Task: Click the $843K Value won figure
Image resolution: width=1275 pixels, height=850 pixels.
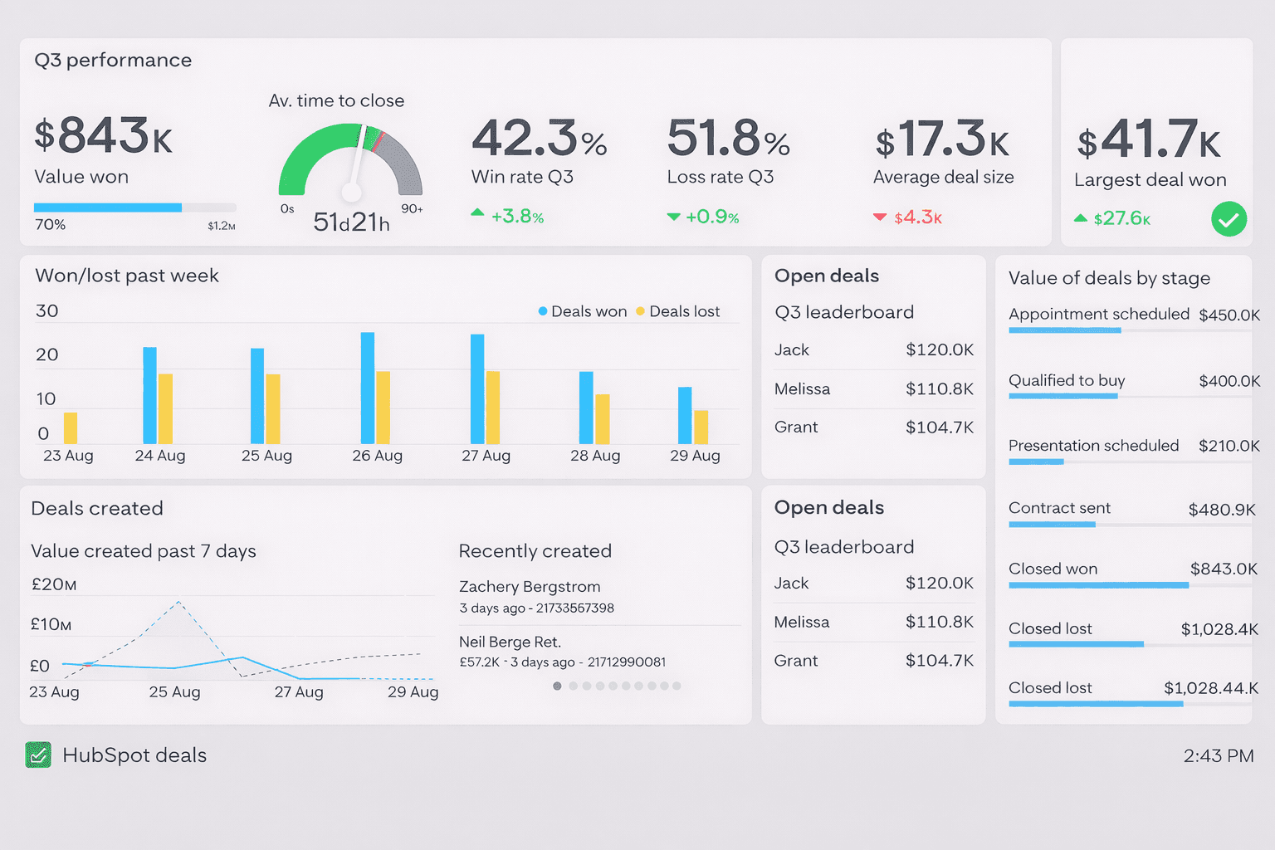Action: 103,136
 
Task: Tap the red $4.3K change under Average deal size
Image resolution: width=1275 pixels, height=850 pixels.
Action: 917,217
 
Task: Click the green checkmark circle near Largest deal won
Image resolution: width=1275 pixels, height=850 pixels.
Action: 1229,219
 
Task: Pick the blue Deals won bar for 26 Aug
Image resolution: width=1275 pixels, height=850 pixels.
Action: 368,388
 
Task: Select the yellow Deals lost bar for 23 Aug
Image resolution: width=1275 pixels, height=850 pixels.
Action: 71,427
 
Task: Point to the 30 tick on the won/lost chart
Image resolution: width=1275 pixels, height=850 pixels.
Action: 46,310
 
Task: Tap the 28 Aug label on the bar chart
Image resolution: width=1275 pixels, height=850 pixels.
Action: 595,456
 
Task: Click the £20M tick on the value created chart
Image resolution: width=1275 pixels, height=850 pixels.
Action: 53,584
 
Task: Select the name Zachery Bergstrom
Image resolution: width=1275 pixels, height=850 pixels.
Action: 530,587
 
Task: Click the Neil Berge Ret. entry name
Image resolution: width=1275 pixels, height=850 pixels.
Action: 510,642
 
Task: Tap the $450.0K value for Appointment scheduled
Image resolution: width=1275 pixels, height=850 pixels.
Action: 1229,315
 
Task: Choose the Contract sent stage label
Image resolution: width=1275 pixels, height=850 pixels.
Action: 1059,508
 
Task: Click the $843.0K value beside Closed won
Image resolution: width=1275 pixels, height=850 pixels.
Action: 1224,569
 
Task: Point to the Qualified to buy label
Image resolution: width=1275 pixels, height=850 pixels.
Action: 1067,380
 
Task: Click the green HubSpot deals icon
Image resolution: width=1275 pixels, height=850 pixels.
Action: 38,755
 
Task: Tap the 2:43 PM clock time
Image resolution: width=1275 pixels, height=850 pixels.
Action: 1218,755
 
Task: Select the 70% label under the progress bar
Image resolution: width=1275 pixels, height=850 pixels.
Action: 50,225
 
